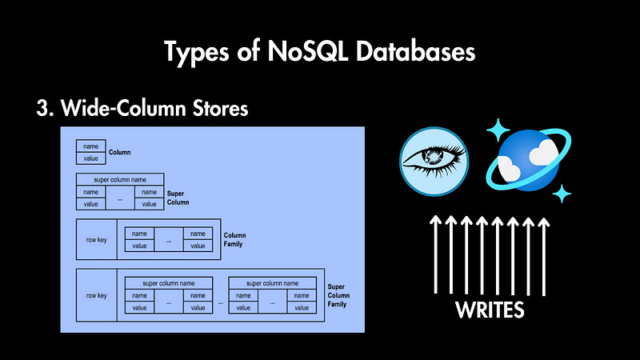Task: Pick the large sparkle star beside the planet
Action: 500,129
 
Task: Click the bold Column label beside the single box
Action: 120,152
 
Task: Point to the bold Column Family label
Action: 235,238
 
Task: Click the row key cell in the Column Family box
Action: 97,238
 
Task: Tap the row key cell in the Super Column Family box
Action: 97,294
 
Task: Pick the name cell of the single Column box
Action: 90,146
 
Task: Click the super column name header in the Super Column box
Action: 120,179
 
